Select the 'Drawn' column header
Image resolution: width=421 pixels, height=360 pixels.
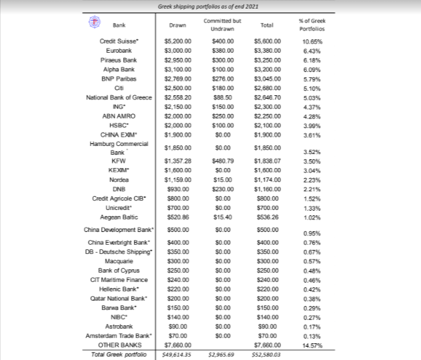[177, 25]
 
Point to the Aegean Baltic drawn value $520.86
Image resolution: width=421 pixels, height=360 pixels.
[177, 217]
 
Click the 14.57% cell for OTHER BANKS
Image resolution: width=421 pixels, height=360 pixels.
[312, 345]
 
